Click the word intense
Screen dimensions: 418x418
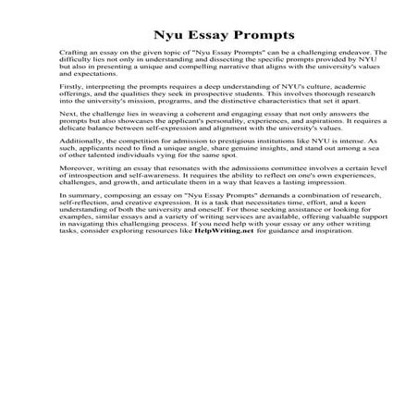320,158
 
